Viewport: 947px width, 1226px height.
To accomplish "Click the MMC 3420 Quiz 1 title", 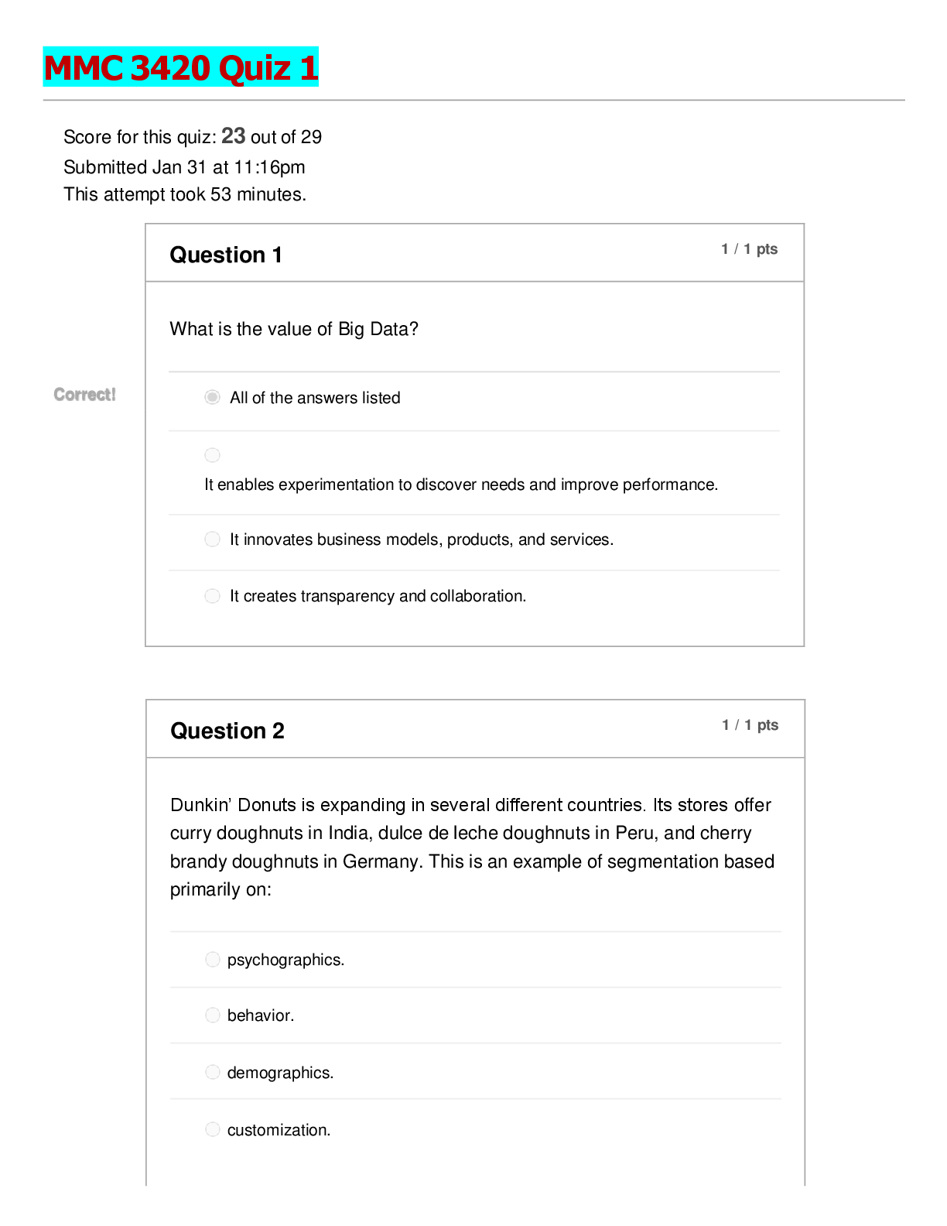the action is pyautogui.click(x=181, y=67).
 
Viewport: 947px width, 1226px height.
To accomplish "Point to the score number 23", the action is pyautogui.click(x=233, y=136).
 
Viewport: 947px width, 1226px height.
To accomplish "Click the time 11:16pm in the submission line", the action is pyautogui.click(x=269, y=167).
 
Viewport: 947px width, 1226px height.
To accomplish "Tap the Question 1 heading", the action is pyautogui.click(x=226, y=255).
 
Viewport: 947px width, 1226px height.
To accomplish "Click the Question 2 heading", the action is pyautogui.click(x=227, y=731).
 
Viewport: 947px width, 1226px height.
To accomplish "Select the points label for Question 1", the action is pyautogui.click(x=749, y=248).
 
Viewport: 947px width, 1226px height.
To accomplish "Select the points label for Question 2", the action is pyautogui.click(x=750, y=724).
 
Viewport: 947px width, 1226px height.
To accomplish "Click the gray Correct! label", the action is pyautogui.click(x=84, y=395).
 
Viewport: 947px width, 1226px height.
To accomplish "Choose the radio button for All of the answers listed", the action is pyautogui.click(x=212, y=397).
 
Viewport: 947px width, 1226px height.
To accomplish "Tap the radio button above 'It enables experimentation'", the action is pyautogui.click(x=212, y=455).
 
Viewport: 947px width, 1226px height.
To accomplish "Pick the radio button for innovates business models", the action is pyautogui.click(x=212, y=539).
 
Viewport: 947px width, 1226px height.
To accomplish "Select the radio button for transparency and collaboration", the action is pyautogui.click(x=212, y=596).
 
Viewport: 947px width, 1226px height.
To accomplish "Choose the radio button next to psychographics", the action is pyautogui.click(x=213, y=959).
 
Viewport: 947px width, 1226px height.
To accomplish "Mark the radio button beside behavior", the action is pyautogui.click(x=213, y=1015).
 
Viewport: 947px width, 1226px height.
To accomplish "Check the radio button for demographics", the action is pyautogui.click(x=213, y=1071).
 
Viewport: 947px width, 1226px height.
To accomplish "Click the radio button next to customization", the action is pyautogui.click(x=213, y=1129).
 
